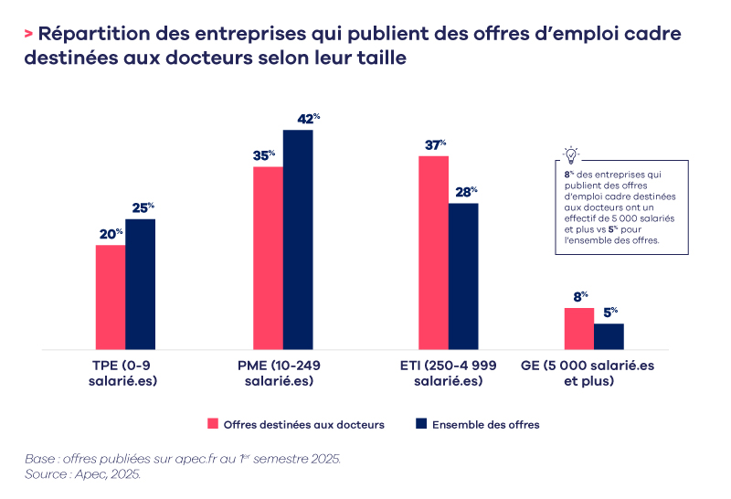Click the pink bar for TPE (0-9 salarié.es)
click(x=111, y=297)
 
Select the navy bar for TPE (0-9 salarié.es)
click(x=140, y=284)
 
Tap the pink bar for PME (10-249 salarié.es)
click(x=268, y=258)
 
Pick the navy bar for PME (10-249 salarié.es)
click(x=298, y=239)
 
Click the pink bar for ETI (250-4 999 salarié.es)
click(x=434, y=253)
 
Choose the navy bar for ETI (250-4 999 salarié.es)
click(x=463, y=276)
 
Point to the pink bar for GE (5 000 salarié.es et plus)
click(x=579, y=329)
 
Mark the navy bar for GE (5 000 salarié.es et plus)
click(x=609, y=336)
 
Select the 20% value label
click(x=111, y=234)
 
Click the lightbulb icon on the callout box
click(x=571, y=154)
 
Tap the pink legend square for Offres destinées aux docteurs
click(x=214, y=424)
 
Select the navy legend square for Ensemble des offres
click(x=421, y=424)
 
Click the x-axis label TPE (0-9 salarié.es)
click(x=117, y=373)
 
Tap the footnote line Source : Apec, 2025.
click(x=83, y=475)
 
